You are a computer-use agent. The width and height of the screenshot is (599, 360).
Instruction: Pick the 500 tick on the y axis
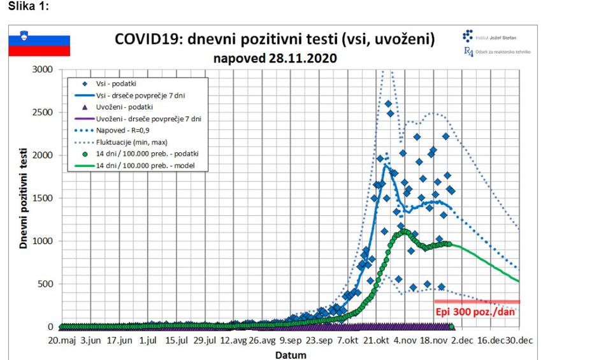pyautogui.click(x=45, y=284)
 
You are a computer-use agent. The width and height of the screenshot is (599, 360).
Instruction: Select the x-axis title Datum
pyautogui.click(x=290, y=354)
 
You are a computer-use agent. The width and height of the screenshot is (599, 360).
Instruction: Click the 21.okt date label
pyautogui.click(x=375, y=341)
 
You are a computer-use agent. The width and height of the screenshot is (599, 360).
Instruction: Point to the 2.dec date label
pyautogui.click(x=458, y=341)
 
